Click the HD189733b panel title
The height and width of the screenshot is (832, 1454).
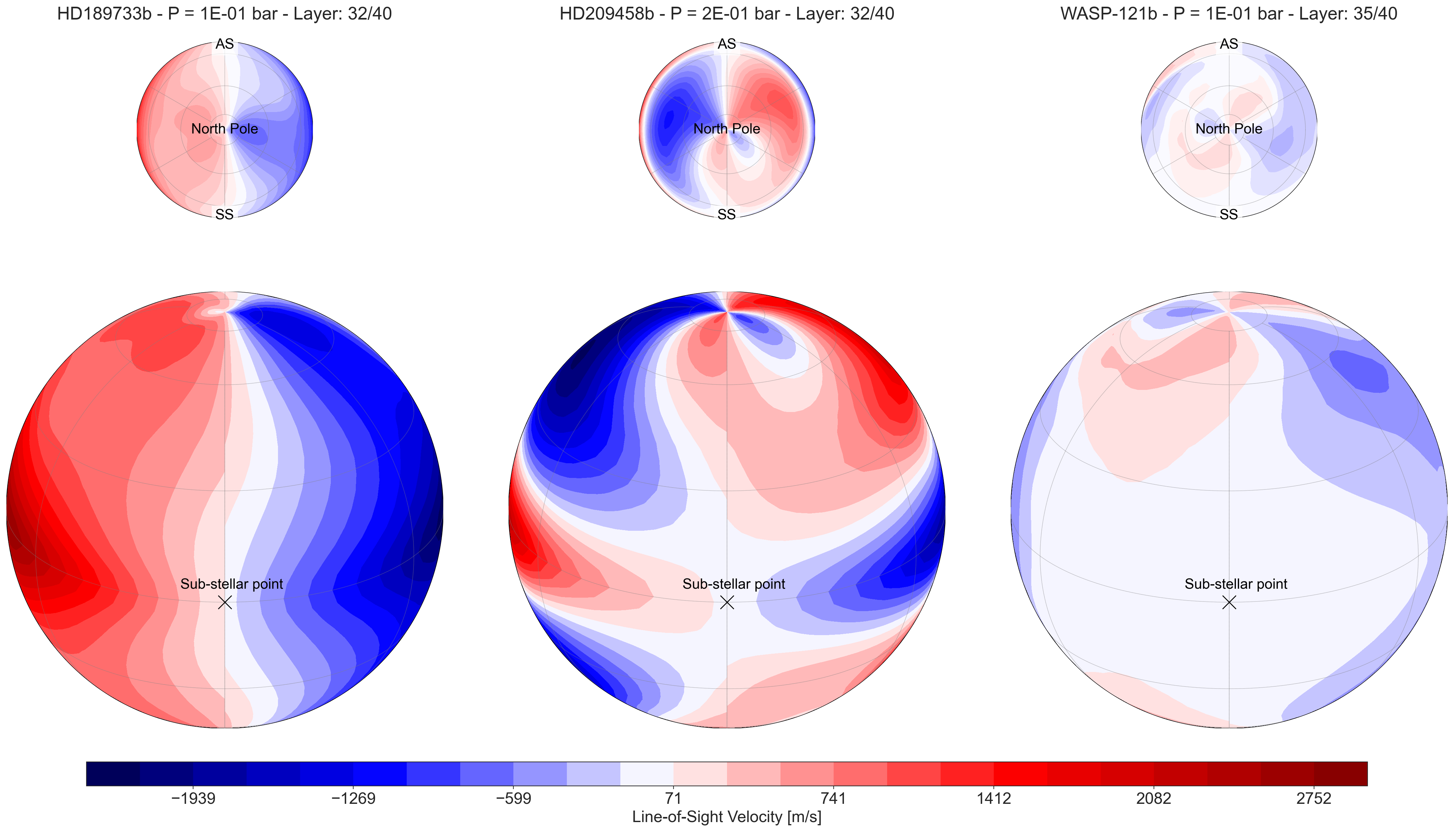coord(225,14)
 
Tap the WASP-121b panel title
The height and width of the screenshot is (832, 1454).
coord(1229,14)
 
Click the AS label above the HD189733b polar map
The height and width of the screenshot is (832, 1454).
coord(225,44)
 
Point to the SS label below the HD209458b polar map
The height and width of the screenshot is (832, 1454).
coord(726,214)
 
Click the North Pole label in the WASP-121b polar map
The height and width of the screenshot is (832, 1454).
coord(1229,129)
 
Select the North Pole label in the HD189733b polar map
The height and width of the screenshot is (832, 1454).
coord(225,129)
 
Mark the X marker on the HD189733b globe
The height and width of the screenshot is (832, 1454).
coord(225,602)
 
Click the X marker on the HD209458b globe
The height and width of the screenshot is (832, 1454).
coord(726,602)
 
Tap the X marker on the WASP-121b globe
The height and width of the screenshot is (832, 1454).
coord(1229,602)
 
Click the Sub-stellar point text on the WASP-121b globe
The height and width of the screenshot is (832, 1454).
coord(1236,584)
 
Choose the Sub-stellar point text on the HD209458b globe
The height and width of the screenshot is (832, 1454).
coord(734,584)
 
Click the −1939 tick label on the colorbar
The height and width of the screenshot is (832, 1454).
coord(193,798)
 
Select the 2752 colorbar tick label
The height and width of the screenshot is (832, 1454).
coord(1314,798)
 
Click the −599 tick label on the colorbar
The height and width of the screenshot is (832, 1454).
coord(513,798)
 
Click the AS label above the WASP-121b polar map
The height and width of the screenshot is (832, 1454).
coord(1229,44)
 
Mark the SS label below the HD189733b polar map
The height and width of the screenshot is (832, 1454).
coord(225,214)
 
